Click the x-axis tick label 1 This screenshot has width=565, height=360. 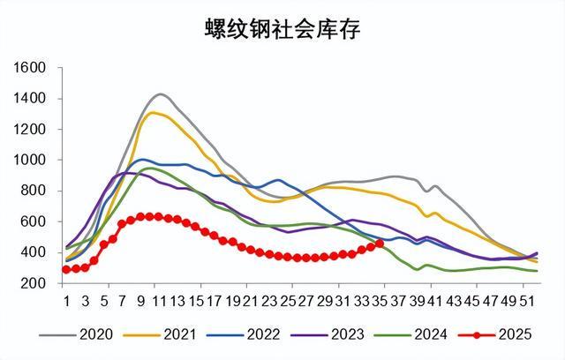click(66, 299)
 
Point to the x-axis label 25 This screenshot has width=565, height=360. click(288, 299)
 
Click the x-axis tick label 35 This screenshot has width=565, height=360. click(380, 299)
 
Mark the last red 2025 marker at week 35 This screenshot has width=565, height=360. click(380, 244)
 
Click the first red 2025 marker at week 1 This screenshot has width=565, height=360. click(66, 269)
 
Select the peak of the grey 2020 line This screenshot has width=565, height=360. click(160, 94)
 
